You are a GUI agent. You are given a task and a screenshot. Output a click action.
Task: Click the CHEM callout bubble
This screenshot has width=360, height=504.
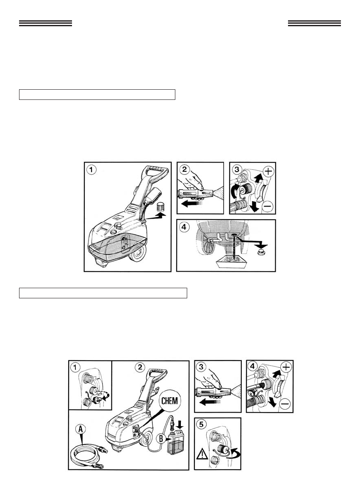tap(169, 402)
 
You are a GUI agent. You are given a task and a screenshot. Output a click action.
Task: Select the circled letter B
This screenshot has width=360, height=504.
tap(160, 438)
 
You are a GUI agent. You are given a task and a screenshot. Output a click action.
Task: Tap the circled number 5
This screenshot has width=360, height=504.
tap(202, 424)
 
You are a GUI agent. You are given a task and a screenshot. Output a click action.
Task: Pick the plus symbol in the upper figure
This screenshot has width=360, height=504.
tap(268, 171)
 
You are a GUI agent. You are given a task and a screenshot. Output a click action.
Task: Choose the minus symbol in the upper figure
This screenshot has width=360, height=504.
tap(268, 206)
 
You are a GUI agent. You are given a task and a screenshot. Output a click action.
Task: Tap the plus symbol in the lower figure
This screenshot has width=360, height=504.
tap(286, 366)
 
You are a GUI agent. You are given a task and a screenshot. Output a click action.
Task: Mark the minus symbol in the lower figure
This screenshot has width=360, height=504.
tap(285, 404)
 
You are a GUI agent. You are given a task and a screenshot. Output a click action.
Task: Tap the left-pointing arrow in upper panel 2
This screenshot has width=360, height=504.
tap(192, 203)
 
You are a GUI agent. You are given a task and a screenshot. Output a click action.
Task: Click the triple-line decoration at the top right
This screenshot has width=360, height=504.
tap(314, 23)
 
